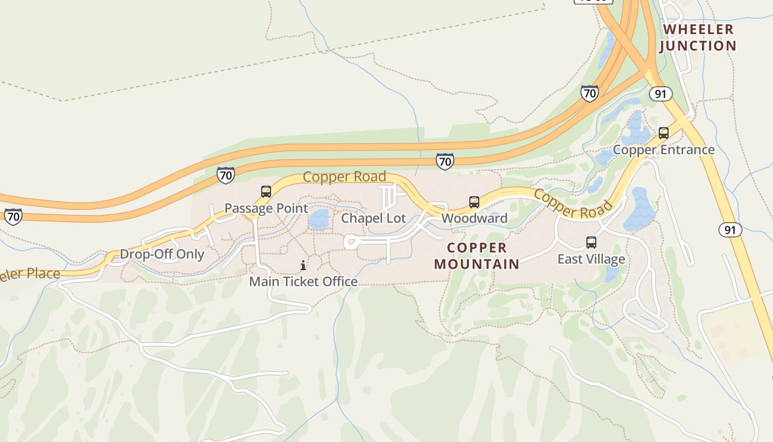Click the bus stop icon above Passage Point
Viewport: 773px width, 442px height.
pyautogui.click(x=266, y=192)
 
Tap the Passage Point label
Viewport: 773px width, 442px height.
pyautogui.click(x=266, y=208)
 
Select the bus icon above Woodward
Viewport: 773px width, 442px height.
pyautogui.click(x=474, y=202)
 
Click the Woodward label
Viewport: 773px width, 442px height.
pyautogui.click(x=474, y=218)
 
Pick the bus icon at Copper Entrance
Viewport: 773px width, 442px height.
pyautogui.click(x=664, y=133)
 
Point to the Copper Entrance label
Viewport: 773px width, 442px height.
pyautogui.click(x=664, y=150)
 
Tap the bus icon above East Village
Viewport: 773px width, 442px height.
pyautogui.click(x=591, y=243)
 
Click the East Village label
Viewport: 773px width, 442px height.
pyautogui.click(x=591, y=259)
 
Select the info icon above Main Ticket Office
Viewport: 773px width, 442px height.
pyautogui.click(x=303, y=266)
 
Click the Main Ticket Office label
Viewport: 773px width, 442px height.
pyautogui.click(x=303, y=282)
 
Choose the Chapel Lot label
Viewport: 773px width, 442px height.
pyautogui.click(x=373, y=218)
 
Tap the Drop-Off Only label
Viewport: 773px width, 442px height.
pyautogui.click(x=162, y=255)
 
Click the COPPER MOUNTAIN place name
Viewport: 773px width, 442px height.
pyautogui.click(x=477, y=256)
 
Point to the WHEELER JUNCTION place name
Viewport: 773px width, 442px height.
pyautogui.click(x=698, y=38)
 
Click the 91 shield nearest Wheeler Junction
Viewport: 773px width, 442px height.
pyautogui.click(x=660, y=94)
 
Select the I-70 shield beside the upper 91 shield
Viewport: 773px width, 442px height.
pyautogui.click(x=590, y=93)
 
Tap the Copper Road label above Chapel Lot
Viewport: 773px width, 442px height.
pyautogui.click(x=344, y=177)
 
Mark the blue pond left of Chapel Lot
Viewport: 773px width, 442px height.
pyautogui.click(x=319, y=220)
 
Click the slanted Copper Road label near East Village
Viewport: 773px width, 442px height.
pyautogui.click(x=573, y=204)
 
